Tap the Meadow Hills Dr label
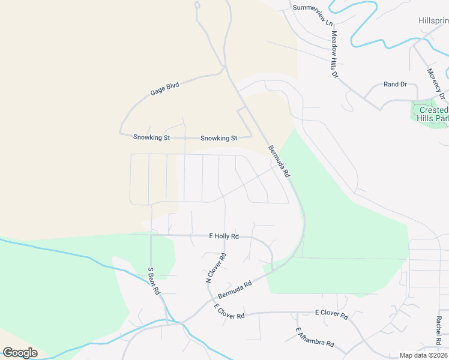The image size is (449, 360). [334, 54]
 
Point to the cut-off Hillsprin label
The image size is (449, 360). [433, 20]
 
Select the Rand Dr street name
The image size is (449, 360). [395, 85]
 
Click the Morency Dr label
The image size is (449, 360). [436, 83]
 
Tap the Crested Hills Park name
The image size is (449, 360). [433, 114]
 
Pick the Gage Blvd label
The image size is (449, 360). [164, 89]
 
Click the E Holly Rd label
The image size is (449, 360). [224, 236]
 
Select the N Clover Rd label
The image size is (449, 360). [215, 268]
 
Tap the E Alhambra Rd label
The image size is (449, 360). [315, 338]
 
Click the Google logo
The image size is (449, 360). [20, 353]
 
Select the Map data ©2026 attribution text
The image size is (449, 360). [424, 355]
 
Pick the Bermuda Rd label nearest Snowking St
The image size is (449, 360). [279, 161]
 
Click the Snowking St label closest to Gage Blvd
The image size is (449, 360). [151, 137]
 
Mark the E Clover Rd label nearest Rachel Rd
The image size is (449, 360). [331, 314]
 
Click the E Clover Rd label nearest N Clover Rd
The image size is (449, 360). [229, 311]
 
